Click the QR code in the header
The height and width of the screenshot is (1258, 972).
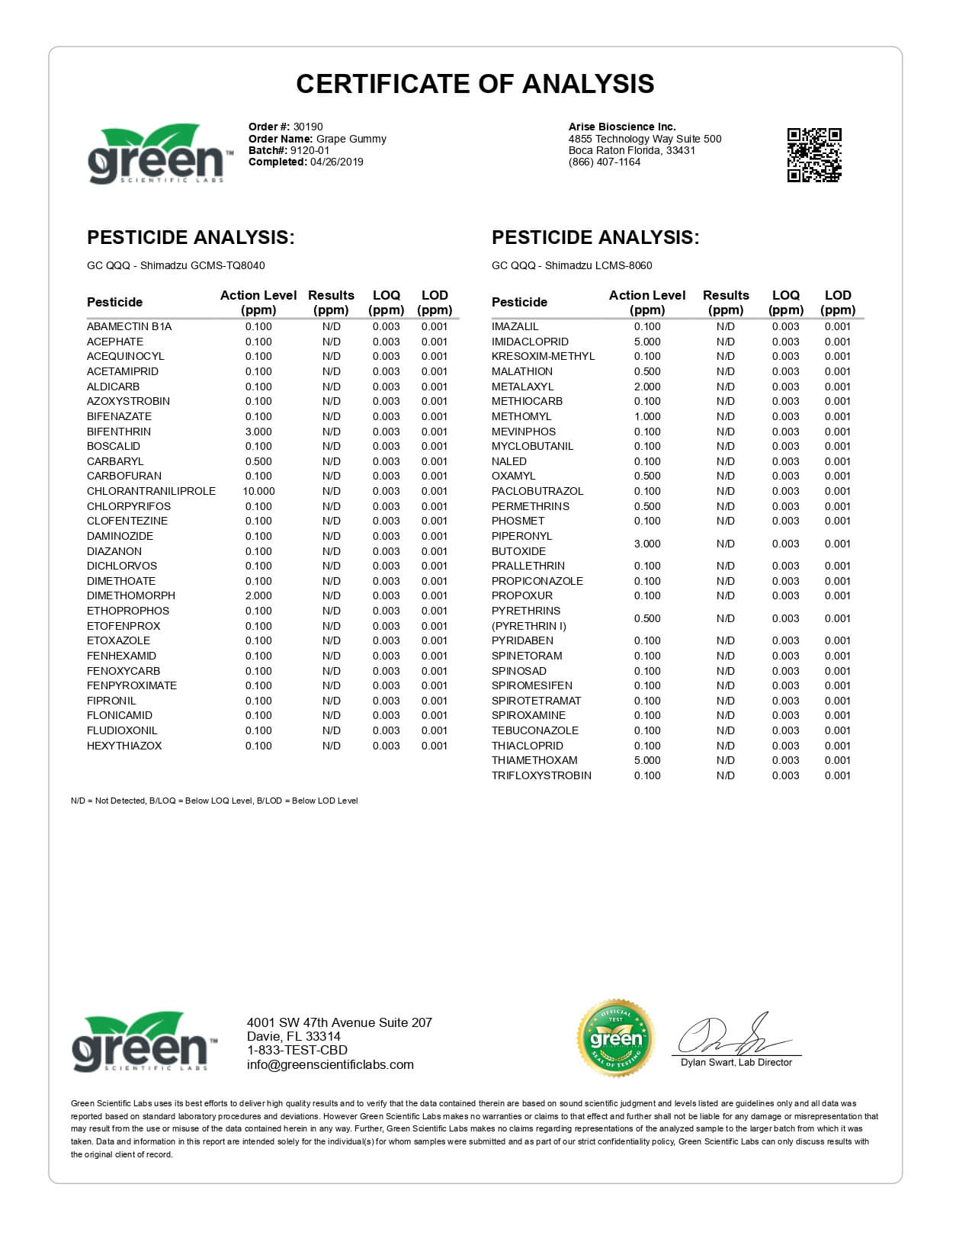813,155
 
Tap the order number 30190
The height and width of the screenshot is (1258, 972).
308,127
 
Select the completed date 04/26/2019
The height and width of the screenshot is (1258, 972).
337,162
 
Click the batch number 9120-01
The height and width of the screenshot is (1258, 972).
310,150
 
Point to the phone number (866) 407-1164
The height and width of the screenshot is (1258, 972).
605,162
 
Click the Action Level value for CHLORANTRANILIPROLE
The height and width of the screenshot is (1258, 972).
258,491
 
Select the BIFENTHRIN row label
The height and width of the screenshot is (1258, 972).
119,432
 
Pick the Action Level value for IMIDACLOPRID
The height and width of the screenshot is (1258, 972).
647,342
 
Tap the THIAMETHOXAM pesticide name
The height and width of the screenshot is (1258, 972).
534,760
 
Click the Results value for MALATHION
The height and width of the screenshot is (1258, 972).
725,371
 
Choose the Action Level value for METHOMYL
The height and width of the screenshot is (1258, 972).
647,416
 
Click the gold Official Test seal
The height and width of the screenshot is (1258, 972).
615,1038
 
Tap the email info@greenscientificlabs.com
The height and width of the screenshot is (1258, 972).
330,1065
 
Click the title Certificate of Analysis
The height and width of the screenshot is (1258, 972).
475,84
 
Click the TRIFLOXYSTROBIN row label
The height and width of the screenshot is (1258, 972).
541,775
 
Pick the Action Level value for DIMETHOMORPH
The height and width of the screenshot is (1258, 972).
258,595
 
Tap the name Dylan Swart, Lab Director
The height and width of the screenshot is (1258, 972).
736,1062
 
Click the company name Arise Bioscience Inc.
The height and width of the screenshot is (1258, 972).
622,127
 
